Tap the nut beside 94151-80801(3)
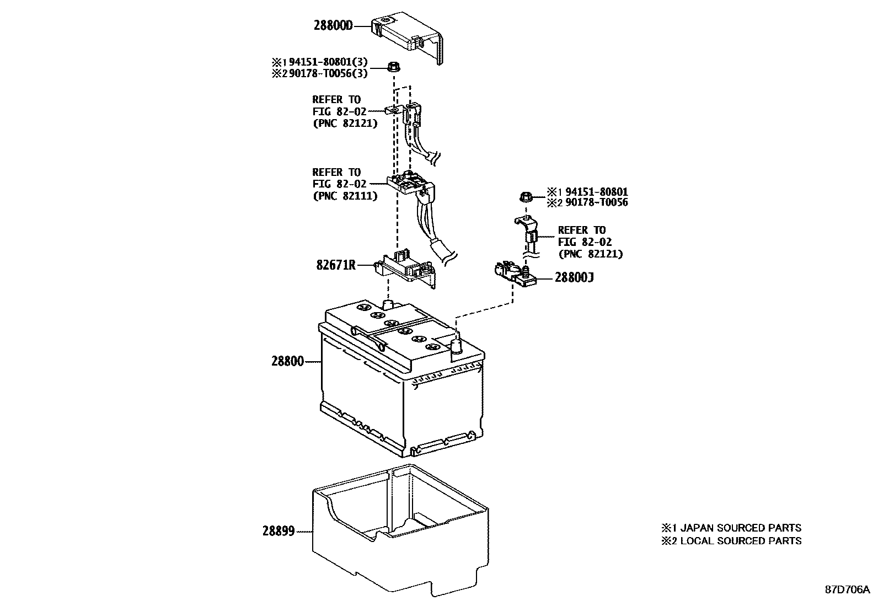(x=394, y=67)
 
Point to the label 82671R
(x=336, y=265)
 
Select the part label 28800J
(x=574, y=277)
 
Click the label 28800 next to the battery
(x=287, y=362)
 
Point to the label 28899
(x=279, y=532)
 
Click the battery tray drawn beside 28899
(x=400, y=532)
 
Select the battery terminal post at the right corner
(x=457, y=347)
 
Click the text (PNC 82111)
(x=345, y=196)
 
